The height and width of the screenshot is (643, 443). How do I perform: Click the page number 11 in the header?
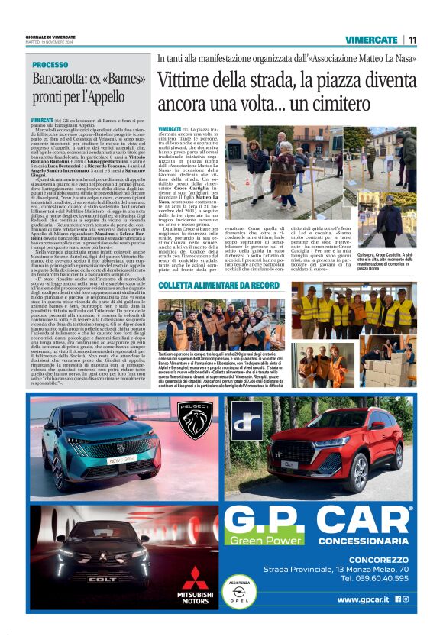pyautogui.click(x=412, y=40)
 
